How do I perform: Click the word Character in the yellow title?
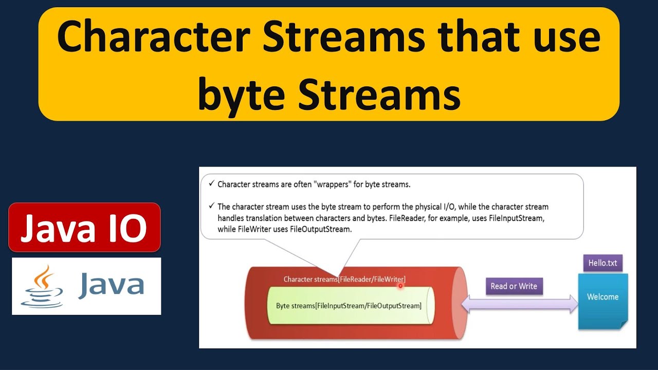click(153, 39)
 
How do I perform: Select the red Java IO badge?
click(84, 227)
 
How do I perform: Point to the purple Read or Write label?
click(514, 286)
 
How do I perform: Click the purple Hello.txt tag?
click(602, 263)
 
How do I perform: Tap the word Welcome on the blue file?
click(602, 297)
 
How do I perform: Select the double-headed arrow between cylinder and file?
click(520, 304)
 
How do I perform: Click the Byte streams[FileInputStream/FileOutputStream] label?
click(349, 306)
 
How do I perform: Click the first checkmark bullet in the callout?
click(211, 183)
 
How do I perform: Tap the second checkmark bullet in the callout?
click(211, 206)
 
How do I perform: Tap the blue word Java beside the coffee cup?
click(111, 286)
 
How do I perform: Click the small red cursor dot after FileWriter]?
click(400, 285)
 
